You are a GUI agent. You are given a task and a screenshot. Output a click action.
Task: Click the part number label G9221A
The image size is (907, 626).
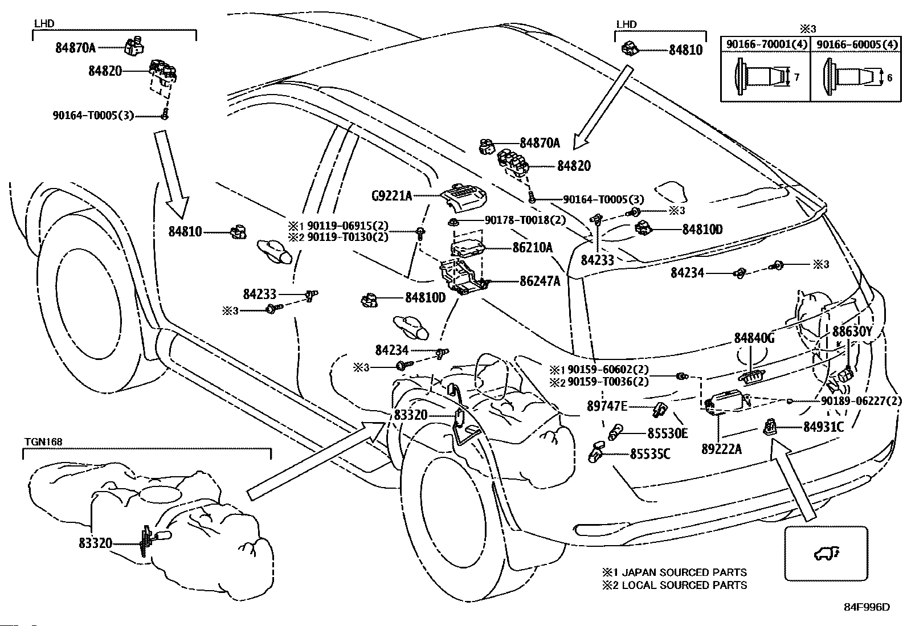(x=391, y=196)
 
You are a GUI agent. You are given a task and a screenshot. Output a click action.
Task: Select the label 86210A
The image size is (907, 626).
(x=533, y=247)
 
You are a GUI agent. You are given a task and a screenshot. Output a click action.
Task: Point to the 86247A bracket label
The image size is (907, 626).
(x=540, y=281)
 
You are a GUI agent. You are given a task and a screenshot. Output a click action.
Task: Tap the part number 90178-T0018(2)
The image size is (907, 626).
(x=525, y=220)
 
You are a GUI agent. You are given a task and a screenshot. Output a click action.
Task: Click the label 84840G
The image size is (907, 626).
(x=754, y=338)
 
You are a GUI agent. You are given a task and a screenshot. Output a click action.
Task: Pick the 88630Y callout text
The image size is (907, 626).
(x=852, y=332)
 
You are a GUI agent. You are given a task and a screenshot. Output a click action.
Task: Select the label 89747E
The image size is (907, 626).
(x=607, y=406)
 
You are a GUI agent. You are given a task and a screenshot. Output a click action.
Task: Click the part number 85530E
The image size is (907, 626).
(x=667, y=433)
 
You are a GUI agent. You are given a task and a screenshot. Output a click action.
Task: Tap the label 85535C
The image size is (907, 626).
(x=650, y=454)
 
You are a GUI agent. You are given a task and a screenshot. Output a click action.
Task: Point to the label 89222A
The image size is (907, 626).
(x=721, y=449)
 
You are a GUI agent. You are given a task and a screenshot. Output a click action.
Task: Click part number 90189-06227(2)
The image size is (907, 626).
(x=861, y=401)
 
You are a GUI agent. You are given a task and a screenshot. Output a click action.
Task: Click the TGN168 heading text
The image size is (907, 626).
(x=43, y=441)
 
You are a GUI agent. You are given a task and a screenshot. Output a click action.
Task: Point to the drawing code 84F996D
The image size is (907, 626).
(x=867, y=607)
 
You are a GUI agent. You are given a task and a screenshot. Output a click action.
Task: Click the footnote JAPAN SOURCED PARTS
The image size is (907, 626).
(x=684, y=572)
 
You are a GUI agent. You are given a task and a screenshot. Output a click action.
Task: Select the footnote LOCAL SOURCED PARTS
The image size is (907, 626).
(x=684, y=584)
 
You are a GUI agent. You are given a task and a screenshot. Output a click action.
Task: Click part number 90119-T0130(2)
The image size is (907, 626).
(x=348, y=237)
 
